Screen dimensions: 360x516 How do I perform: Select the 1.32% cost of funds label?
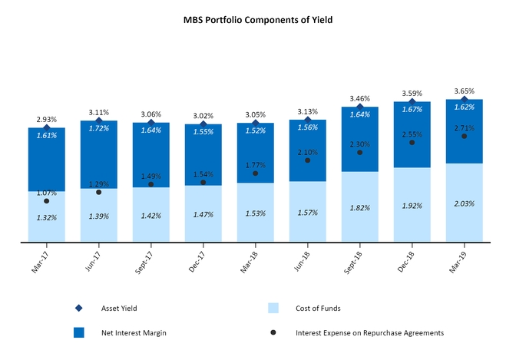pos(47,217)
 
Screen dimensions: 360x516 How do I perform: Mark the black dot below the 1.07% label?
pos(47,201)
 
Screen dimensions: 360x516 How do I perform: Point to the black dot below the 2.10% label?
pos(308,160)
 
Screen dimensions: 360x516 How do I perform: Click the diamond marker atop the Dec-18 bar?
pos(412,101)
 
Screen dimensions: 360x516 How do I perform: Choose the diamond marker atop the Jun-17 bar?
pos(99,119)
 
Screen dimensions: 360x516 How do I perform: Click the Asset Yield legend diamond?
pos(79,308)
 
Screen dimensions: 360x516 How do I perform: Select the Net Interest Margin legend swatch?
pos(79,333)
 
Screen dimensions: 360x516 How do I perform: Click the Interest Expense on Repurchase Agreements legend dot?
pos(274,333)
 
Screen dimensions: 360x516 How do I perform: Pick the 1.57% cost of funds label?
pos(308,212)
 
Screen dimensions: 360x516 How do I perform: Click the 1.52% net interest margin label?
pos(256,130)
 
